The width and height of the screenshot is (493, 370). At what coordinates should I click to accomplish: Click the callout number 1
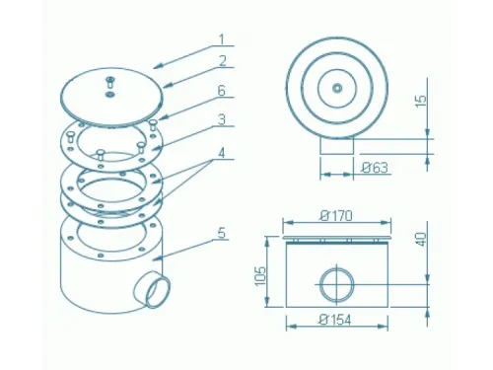(222, 39)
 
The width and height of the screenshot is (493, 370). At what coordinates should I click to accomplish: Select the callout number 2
(223, 61)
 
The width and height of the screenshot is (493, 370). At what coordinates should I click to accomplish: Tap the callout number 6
(222, 91)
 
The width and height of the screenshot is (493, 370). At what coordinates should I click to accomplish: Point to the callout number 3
(222, 119)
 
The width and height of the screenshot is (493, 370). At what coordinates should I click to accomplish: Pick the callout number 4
(222, 153)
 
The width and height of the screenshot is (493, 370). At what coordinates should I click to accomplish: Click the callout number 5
(222, 233)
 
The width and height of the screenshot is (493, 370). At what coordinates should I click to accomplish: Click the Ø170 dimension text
(336, 216)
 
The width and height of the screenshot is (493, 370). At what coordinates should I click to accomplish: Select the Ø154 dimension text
(335, 320)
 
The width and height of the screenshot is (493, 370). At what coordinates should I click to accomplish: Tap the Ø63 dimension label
(375, 168)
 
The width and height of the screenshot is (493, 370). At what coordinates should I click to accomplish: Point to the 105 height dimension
(260, 276)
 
